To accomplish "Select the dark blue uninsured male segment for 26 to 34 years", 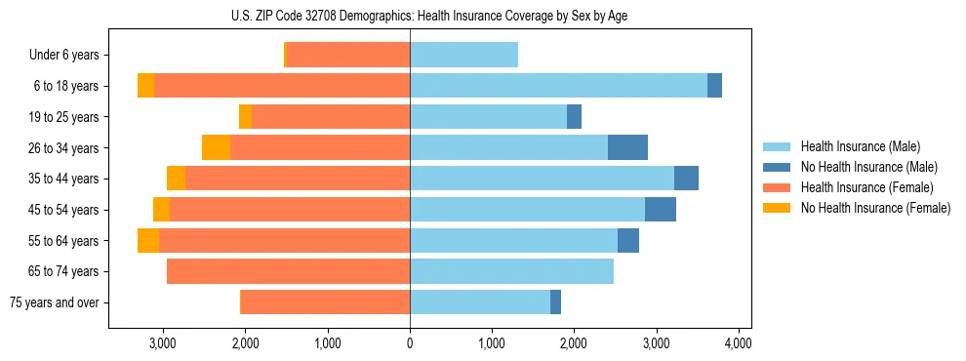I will pyautogui.click(x=627, y=147).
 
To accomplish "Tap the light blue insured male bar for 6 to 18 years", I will pyautogui.click(x=558, y=86).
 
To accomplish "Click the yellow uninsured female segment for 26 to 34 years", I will pyautogui.click(x=216, y=147).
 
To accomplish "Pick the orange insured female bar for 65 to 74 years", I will pyautogui.click(x=288, y=271).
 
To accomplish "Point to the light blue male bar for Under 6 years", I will pyautogui.click(x=463, y=55).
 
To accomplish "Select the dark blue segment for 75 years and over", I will pyautogui.click(x=555, y=302).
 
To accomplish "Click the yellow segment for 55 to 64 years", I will pyautogui.click(x=148, y=240).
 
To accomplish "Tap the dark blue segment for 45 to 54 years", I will pyautogui.click(x=661, y=210).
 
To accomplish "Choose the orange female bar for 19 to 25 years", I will pyautogui.click(x=331, y=117).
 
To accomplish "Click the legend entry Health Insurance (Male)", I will pyautogui.click(x=860, y=146).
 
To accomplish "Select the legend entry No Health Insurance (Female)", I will pyautogui.click(x=875, y=208).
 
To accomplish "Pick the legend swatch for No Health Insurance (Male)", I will pyautogui.click(x=777, y=167).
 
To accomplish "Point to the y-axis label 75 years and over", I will pyautogui.click(x=55, y=302).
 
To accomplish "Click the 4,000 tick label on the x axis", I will pyautogui.click(x=738, y=343).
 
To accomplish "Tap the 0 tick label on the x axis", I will pyautogui.click(x=410, y=343).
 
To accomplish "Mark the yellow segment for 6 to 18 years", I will pyautogui.click(x=145, y=86).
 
